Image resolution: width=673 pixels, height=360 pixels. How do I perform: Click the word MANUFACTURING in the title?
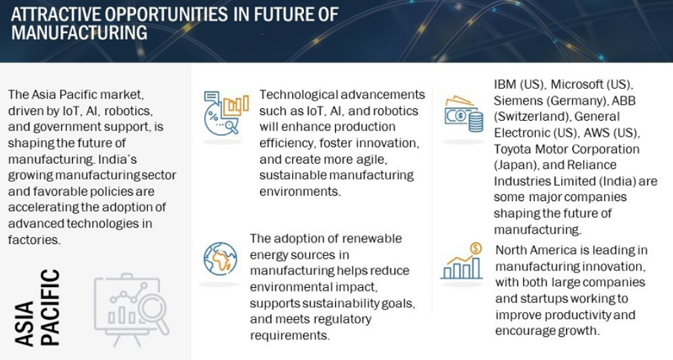(79, 33)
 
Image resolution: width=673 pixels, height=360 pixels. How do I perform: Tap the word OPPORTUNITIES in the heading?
(166, 15)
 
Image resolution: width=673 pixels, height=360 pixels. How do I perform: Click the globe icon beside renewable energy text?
(220, 259)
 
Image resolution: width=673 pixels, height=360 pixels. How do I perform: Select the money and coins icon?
(463, 114)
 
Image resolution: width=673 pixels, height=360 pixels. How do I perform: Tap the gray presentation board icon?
(131, 309)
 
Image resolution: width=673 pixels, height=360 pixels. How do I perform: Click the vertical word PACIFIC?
(50, 307)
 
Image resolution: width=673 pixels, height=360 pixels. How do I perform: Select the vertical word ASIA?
(24, 323)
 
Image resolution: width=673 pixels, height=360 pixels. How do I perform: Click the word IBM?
(505, 84)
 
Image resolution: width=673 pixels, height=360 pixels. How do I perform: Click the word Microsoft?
(574, 84)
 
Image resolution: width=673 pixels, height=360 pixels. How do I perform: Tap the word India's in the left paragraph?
(118, 159)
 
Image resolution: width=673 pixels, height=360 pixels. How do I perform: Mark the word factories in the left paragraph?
(34, 239)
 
